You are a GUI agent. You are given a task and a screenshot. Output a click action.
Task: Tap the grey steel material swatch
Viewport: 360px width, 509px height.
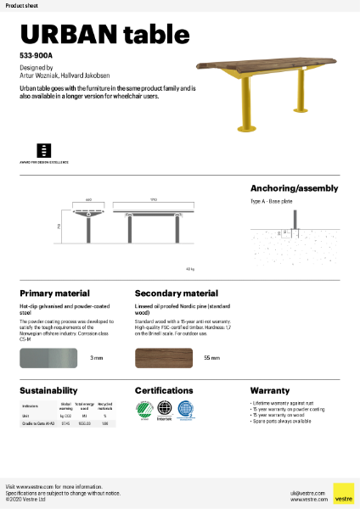click(x=49, y=357)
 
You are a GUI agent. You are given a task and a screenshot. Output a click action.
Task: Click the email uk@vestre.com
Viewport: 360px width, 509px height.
click(x=301, y=492)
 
